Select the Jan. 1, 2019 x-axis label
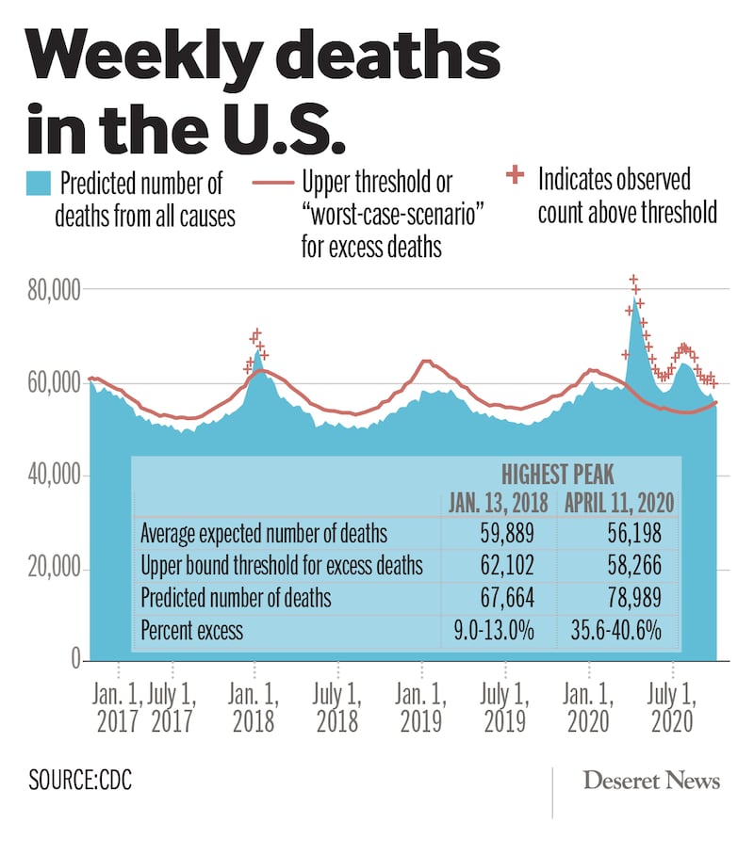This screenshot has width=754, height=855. point(421,709)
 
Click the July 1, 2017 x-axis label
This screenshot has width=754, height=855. point(172,709)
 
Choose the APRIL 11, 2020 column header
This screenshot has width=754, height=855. point(620,502)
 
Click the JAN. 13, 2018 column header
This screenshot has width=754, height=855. point(496,502)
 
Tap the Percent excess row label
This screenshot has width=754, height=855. point(191,630)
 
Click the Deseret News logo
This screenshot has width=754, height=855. point(651,781)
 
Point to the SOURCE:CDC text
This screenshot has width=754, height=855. point(79,782)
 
